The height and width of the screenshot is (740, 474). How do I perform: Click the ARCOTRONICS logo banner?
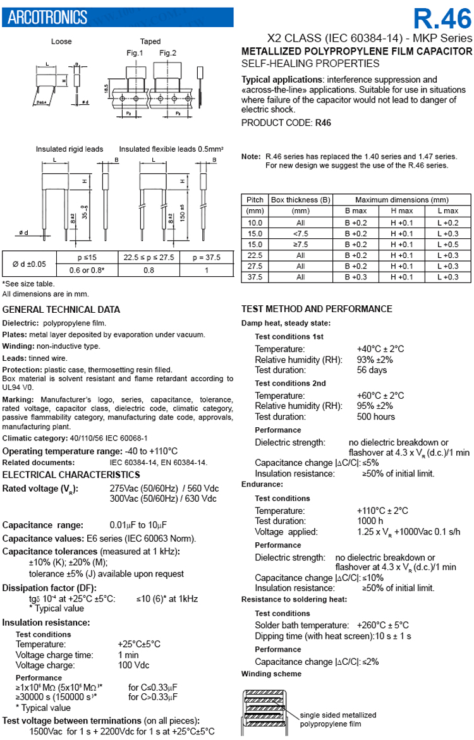(47, 18)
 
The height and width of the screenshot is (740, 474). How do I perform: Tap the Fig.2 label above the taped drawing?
(167, 52)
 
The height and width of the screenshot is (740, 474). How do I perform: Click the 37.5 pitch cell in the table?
(255, 277)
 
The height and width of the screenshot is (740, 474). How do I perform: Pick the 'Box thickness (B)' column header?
(301, 200)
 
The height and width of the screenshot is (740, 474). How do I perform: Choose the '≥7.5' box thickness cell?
(301, 244)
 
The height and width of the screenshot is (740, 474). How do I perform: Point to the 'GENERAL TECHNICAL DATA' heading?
(61, 310)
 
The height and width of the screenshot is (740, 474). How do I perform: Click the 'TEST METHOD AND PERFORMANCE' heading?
(317, 309)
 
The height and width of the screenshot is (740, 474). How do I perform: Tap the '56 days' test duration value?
(372, 370)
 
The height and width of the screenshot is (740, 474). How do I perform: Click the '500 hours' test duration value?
(375, 416)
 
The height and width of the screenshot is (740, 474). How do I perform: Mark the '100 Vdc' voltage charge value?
(134, 665)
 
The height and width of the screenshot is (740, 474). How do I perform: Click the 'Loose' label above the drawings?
(61, 42)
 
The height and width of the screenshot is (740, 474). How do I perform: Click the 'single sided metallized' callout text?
(337, 715)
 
